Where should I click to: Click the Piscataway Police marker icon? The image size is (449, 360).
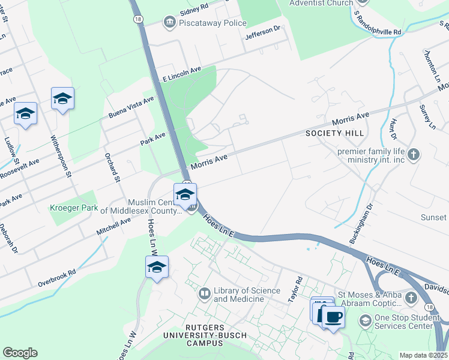169,23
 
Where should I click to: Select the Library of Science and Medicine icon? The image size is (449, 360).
205,293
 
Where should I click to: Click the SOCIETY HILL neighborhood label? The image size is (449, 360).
331,133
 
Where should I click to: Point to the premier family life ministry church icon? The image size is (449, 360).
414,156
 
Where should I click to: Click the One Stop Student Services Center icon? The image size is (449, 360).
365,321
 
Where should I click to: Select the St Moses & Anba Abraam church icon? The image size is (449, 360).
411,298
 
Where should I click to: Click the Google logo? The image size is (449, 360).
20,353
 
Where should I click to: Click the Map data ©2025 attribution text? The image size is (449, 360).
423,355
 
